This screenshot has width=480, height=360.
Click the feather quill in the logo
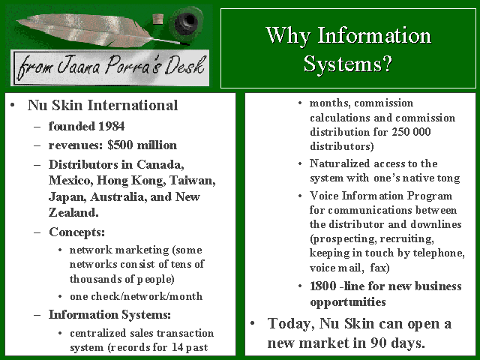tap(91, 31)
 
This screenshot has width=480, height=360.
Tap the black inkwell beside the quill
tap(186, 23)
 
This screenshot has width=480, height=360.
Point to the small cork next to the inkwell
tap(157, 19)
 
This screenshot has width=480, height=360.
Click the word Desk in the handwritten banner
tap(184, 65)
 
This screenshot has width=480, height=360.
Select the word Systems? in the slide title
tap(348, 64)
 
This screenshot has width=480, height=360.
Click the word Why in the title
tap(288, 36)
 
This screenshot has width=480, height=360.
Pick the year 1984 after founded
tap(112, 126)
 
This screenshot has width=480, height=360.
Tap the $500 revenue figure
tap(120, 145)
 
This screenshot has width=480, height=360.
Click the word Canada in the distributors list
tap(160, 165)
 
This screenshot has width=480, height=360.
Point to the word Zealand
tap(73, 212)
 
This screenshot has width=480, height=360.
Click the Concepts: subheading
tap(76, 232)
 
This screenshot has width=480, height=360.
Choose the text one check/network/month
tap(136, 296)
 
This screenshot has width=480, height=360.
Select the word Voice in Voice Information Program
tap(324, 196)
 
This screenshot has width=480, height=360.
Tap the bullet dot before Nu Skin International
tap(12, 106)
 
